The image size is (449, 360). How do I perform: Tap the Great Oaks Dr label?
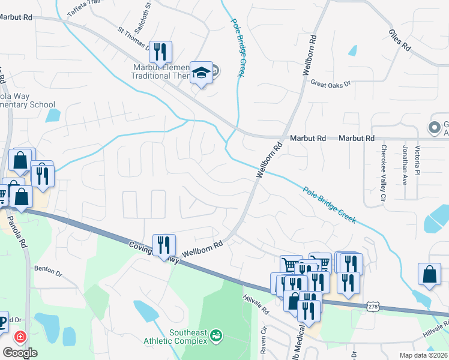click(330, 85)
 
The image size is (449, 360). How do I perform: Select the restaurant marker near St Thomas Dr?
click(160, 52)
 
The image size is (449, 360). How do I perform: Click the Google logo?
click(19, 353)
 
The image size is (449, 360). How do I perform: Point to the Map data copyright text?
click(423, 355)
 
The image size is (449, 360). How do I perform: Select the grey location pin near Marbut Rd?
click(434, 127)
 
